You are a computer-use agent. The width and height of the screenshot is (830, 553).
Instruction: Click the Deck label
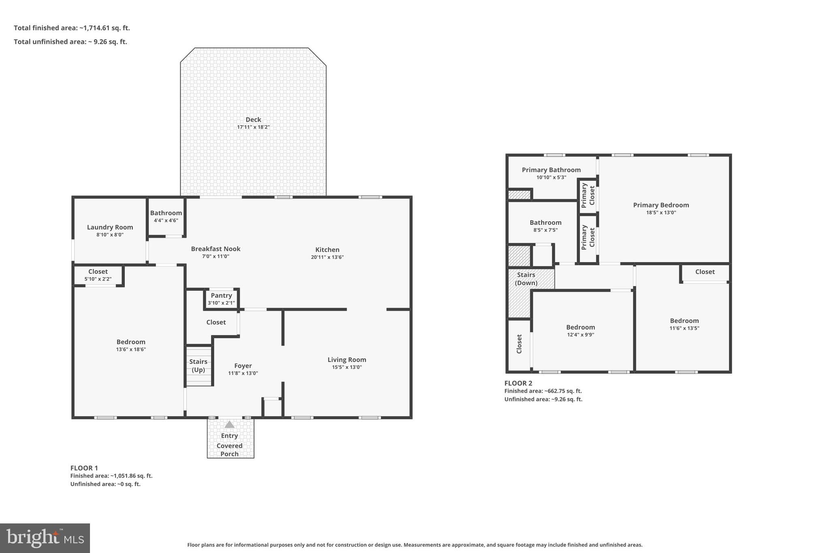[253, 120]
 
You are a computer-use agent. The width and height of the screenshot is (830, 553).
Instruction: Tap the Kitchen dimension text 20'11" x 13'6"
[327, 257]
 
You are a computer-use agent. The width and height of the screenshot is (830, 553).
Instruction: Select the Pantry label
[221, 296]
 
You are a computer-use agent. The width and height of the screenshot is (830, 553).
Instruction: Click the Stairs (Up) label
[198, 365]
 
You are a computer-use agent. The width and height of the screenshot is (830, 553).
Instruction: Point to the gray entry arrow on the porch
[229, 425]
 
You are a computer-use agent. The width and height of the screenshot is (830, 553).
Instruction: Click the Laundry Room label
[110, 227]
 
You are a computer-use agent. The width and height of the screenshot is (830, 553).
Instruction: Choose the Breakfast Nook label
[216, 249]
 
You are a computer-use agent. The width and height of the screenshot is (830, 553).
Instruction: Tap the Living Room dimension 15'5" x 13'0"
[347, 367]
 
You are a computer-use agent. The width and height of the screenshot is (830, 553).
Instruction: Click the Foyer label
[243, 366]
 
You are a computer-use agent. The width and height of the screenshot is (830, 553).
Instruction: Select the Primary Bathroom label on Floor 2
[551, 170]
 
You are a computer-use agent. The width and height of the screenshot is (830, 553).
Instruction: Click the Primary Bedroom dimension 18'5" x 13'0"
[661, 213]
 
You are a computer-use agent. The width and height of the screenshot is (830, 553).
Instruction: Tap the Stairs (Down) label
[526, 279]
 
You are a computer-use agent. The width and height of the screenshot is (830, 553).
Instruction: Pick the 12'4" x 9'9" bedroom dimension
[580, 335]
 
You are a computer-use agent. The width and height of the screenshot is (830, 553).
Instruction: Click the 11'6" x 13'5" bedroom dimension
[684, 329]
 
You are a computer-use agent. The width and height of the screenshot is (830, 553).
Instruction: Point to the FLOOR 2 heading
[518, 383]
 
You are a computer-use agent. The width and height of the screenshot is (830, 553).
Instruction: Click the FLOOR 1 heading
[84, 468]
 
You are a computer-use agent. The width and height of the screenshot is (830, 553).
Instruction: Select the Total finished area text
[72, 28]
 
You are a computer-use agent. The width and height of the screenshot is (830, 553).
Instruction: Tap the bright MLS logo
[45, 538]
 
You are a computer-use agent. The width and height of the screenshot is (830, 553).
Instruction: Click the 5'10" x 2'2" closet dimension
[98, 279]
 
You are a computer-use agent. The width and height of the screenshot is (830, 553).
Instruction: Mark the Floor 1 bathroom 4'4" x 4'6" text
[166, 221]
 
